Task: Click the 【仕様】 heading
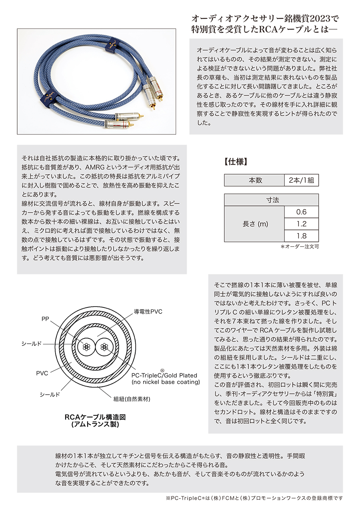[x=235, y=162]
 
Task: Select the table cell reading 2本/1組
[x=301, y=180]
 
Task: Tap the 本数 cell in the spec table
[x=254, y=180]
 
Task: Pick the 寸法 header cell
[x=272, y=200]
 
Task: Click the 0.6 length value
[x=301, y=212]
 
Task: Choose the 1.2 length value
[x=301, y=224]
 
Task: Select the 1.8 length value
[x=301, y=236]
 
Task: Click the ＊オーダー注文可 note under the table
[x=300, y=247]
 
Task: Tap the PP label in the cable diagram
[x=45, y=319]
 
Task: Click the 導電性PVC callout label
[x=148, y=311]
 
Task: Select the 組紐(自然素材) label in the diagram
[x=132, y=399]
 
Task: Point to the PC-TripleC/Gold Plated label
[x=164, y=375]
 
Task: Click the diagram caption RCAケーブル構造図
[x=95, y=417]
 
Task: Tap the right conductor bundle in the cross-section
[x=105, y=346]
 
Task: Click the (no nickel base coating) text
[x=166, y=382]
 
